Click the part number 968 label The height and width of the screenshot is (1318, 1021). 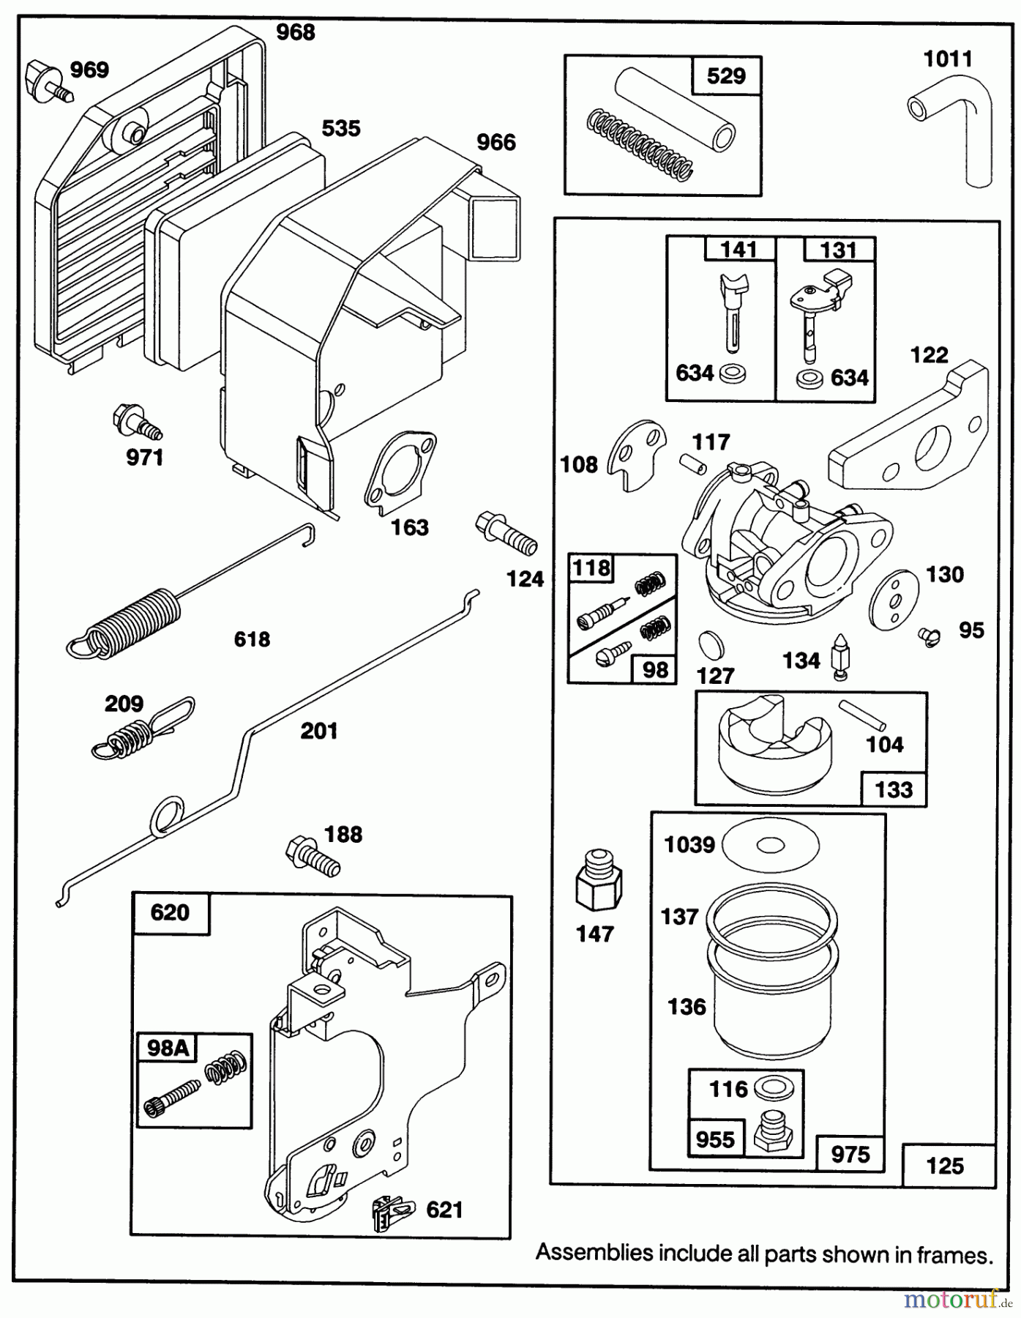[x=296, y=32]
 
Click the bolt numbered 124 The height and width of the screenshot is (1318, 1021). [x=506, y=534]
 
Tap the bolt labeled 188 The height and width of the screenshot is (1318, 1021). [x=313, y=856]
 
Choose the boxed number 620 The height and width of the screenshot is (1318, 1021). [x=170, y=912]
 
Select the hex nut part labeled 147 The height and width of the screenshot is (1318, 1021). [x=599, y=883]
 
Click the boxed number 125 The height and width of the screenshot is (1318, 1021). [x=945, y=1165]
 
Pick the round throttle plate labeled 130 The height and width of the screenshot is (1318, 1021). [x=895, y=598]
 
